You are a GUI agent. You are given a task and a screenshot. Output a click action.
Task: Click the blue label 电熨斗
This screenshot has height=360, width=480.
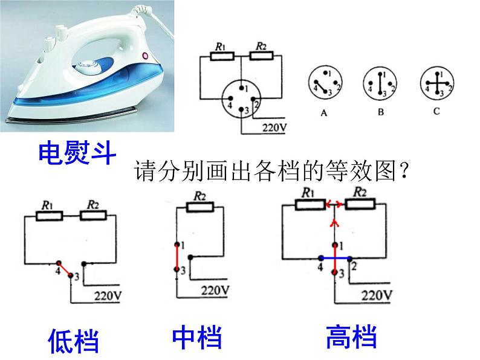77,153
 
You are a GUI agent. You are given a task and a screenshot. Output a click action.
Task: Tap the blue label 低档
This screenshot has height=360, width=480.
74,340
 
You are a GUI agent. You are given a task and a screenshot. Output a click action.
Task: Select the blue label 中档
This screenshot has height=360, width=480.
197,338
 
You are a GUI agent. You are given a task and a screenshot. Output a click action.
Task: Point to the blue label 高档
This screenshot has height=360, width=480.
351,337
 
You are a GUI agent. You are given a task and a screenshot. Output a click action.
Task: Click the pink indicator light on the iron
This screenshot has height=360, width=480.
144,56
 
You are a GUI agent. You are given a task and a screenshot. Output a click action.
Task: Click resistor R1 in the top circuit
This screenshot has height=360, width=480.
222,56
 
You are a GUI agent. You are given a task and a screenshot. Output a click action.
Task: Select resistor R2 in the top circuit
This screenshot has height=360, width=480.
262,56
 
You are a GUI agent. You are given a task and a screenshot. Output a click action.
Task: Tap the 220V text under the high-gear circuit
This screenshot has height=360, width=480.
376,295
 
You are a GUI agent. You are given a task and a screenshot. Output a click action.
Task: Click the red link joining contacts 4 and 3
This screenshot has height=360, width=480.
65,269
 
